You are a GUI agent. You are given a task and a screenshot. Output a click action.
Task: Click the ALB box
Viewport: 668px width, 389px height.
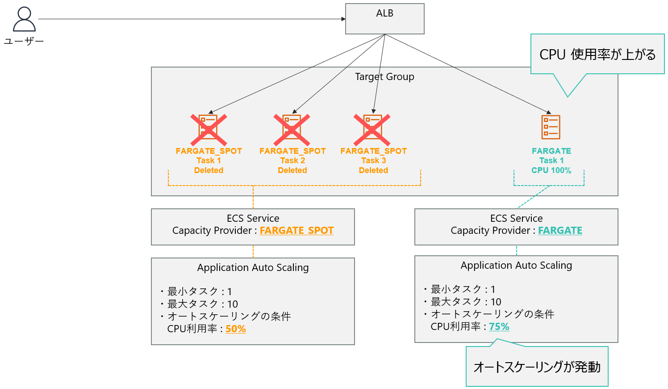384,19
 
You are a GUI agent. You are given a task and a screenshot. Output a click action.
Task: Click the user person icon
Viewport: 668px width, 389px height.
24,19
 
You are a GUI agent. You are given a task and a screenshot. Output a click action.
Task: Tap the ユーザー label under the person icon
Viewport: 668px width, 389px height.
24,41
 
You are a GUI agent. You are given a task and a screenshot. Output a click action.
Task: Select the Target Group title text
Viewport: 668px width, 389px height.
384,77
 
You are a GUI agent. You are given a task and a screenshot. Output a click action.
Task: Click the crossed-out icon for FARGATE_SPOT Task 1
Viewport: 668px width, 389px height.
209,128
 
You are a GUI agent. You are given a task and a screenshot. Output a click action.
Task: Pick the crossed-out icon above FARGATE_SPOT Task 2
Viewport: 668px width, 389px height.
292,128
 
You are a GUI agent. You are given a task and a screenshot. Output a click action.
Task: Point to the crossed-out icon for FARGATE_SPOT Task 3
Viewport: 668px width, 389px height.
372,128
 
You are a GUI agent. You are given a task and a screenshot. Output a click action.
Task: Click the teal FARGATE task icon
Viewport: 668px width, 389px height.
551,127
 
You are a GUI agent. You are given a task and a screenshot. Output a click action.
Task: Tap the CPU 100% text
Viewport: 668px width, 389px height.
551,170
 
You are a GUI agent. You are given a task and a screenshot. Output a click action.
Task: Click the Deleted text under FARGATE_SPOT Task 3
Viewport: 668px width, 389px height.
373,170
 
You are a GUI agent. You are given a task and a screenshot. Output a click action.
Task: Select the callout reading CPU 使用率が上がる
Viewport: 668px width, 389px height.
597,55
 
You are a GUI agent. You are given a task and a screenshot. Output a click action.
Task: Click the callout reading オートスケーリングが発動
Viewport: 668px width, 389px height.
537,367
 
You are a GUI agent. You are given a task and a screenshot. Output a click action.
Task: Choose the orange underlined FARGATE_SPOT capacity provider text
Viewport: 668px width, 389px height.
296,231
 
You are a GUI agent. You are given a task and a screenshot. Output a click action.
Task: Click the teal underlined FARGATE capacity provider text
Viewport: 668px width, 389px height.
560,231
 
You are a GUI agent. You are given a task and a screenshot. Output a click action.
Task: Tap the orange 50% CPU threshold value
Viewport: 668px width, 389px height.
236,329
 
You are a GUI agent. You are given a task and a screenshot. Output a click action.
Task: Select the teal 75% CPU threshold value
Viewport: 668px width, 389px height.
499,327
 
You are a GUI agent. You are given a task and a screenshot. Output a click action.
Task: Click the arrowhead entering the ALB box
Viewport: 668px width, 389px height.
343,19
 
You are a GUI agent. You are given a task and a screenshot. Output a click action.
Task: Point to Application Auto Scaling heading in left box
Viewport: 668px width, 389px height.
253,268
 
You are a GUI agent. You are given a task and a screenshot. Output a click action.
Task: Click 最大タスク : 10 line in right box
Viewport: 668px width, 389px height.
466,302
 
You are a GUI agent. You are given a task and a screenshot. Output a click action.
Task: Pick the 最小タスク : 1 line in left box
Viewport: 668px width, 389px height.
199,292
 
